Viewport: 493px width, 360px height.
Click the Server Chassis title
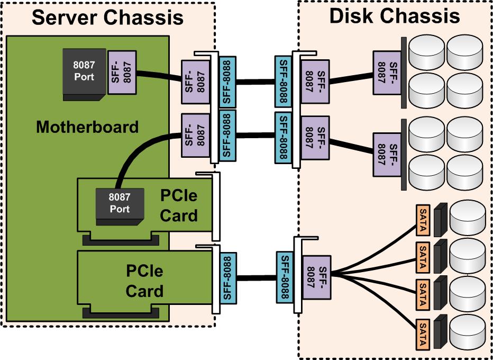[107, 17]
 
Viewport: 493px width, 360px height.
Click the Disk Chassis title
[394, 16]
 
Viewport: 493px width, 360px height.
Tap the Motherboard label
[87, 127]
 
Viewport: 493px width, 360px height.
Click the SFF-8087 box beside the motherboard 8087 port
[122, 72]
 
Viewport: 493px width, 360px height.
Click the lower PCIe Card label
[144, 281]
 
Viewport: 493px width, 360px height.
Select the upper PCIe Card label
[178, 205]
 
